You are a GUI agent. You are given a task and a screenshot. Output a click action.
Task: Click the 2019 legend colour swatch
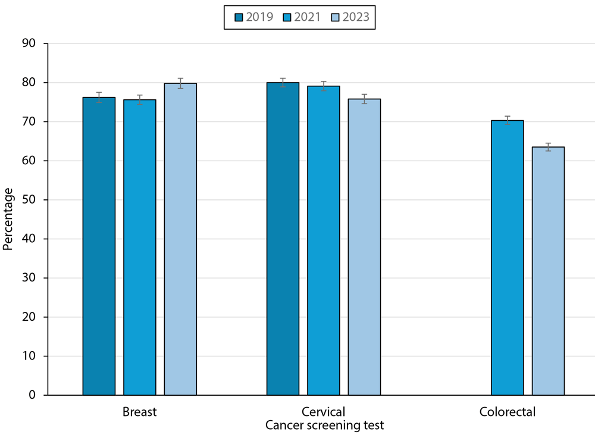click(238, 17)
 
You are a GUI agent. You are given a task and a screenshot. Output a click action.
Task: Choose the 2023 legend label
click(356, 17)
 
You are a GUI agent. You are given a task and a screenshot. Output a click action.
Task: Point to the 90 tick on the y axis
click(29, 43)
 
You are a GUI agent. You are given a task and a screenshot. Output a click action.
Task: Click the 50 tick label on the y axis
click(29, 200)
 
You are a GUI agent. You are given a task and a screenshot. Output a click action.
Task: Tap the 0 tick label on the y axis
click(32, 395)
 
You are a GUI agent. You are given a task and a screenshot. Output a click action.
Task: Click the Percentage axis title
click(8, 219)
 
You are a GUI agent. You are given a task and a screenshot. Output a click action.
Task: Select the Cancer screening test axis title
click(324, 425)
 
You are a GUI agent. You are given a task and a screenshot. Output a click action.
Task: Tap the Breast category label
click(139, 412)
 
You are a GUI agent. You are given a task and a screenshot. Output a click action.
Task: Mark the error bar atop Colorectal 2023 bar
click(548, 147)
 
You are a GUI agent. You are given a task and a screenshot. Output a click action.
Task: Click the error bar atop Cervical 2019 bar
click(283, 82)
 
